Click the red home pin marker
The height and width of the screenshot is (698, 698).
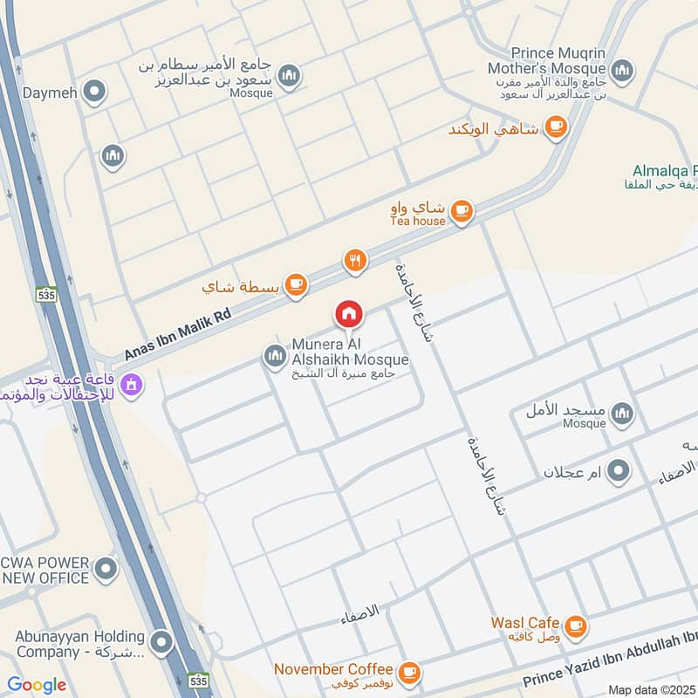(x=348, y=314)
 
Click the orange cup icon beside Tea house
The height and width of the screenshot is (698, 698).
(x=462, y=211)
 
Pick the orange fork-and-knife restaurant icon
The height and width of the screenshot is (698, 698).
(x=353, y=260)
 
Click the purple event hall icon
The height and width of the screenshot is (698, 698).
(x=132, y=383)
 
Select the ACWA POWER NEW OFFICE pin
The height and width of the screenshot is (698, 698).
(x=106, y=571)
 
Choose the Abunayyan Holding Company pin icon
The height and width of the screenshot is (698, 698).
(x=160, y=644)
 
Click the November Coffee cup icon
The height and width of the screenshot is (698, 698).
(x=408, y=671)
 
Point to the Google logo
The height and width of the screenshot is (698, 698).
(x=37, y=685)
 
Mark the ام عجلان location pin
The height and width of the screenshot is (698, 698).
(x=619, y=472)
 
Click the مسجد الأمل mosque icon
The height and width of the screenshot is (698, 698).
(x=622, y=414)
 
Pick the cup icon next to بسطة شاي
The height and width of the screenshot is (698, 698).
(x=297, y=284)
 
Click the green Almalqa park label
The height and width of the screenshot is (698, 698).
(x=663, y=178)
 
